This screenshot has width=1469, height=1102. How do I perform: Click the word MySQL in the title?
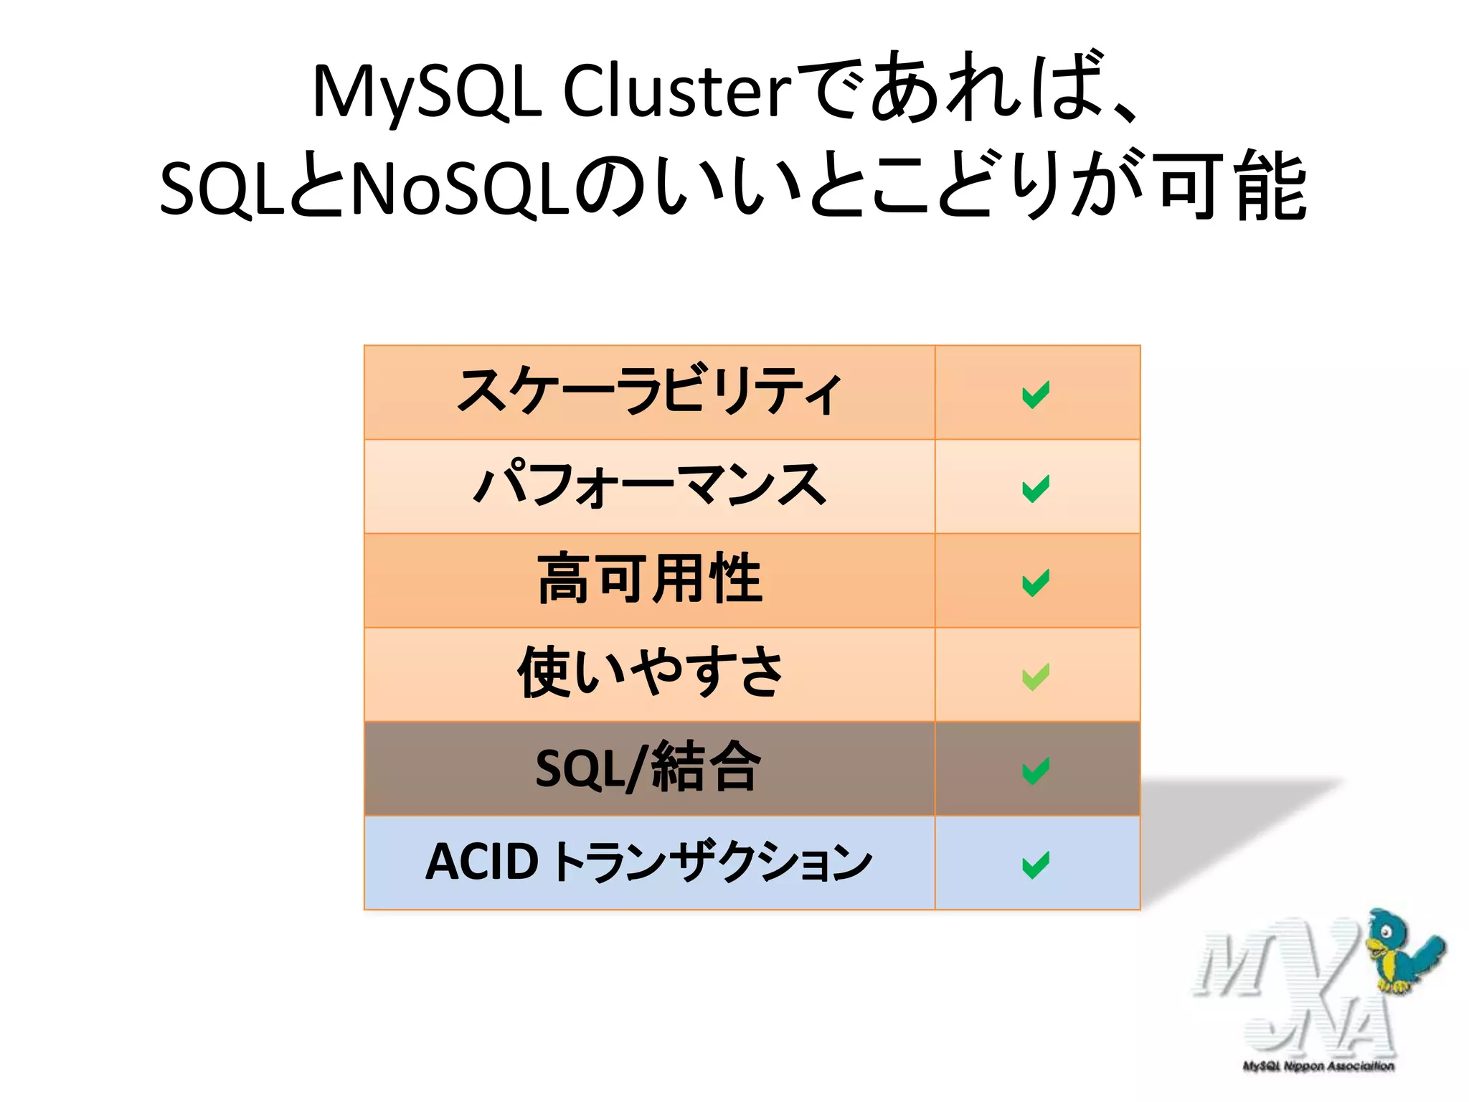(427, 92)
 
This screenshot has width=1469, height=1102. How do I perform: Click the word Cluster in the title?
(677, 92)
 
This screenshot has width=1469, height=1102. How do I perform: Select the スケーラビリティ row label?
(649, 392)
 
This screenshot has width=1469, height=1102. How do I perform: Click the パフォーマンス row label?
(649, 486)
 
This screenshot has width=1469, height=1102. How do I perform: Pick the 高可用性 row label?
(649, 580)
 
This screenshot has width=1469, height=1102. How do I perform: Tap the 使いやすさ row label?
(649, 673)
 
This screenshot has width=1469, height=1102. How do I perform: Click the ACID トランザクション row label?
(648, 862)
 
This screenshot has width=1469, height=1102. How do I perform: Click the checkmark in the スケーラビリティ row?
(1036, 394)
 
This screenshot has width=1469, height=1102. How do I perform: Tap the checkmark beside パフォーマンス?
(1036, 488)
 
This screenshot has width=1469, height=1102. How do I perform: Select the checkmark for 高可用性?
(1036, 582)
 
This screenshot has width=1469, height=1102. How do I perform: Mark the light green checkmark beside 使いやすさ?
(1036, 676)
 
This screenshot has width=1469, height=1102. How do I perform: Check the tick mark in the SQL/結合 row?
(1036, 771)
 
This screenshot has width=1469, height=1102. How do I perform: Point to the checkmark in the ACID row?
(1036, 864)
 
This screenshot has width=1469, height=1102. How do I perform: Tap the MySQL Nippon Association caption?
(1318, 1066)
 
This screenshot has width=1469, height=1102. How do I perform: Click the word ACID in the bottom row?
(482, 862)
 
